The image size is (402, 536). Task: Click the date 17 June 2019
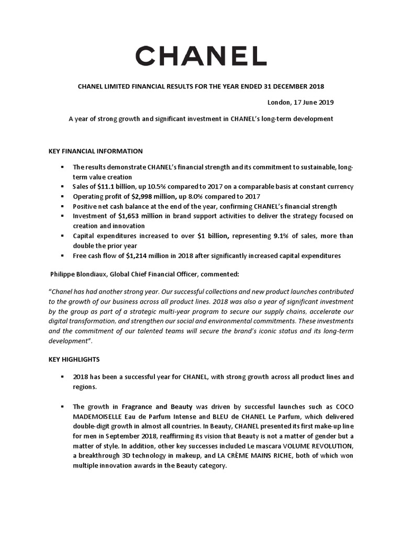click(312, 102)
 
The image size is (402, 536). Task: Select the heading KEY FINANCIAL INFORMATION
click(95, 151)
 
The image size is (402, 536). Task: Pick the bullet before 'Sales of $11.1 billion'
click(62, 186)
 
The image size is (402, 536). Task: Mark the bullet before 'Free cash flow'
click(62, 256)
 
